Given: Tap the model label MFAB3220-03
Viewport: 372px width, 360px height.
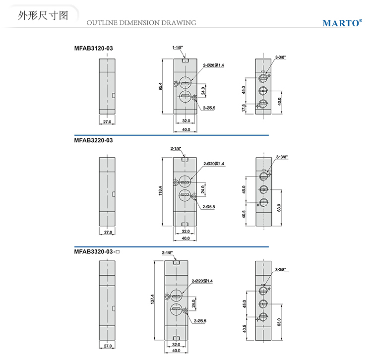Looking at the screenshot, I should pyautogui.click(x=93, y=140).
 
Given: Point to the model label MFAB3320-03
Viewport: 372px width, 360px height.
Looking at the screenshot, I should pyautogui.click(x=94, y=252).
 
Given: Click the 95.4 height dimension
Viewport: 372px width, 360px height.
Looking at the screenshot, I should pyautogui.click(x=160, y=86).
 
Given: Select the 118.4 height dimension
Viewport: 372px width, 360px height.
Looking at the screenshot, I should pyautogui.click(x=160, y=190).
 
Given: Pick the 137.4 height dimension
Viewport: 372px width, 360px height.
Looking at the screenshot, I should pyautogui.click(x=153, y=300).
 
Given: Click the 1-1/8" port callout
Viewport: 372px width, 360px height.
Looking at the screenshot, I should pyautogui.click(x=178, y=48).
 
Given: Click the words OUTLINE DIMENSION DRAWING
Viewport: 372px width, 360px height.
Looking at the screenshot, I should pyautogui.click(x=141, y=22).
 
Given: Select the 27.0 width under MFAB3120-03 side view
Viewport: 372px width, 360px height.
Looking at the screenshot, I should pyautogui.click(x=107, y=121).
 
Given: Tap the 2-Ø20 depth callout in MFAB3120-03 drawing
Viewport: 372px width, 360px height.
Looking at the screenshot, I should pyautogui.click(x=214, y=65).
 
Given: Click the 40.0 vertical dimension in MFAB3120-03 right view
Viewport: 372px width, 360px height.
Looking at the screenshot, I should pyautogui.click(x=280, y=101).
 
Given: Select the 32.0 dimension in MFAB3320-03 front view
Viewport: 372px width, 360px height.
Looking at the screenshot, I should pyautogui.click(x=176, y=344).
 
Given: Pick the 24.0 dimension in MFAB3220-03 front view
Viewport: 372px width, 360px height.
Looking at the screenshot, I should pyautogui.click(x=202, y=190).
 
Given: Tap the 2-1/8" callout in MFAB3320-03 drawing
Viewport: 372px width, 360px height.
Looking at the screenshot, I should pyautogui.click(x=167, y=252).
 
